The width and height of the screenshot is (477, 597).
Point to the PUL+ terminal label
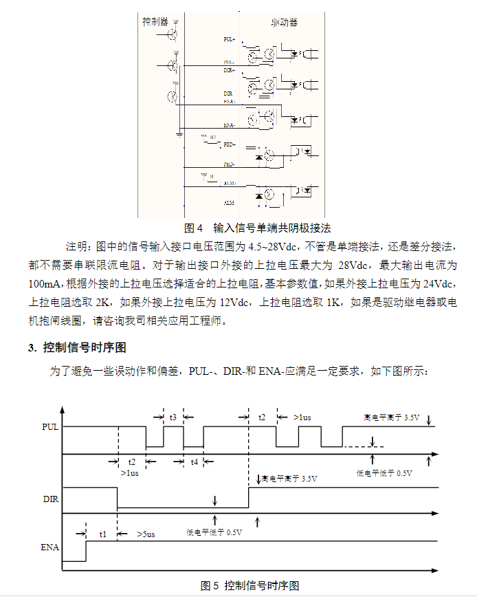(x=230, y=39)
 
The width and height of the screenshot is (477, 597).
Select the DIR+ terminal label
(x=230, y=70)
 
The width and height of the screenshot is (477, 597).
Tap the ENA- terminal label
(x=230, y=126)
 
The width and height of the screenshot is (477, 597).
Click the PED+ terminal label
(x=230, y=144)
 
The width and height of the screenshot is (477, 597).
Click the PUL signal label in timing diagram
(x=50, y=426)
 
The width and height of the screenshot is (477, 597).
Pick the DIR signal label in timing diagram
(x=50, y=497)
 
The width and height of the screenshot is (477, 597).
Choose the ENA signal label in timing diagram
(x=50, y=547)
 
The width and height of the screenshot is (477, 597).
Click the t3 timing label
(x=173, y=417)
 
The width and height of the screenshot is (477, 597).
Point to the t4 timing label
(x=194, y=462)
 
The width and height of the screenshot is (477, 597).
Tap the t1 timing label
(x=102, y=534)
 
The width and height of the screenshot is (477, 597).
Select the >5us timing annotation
(x=145, y=534)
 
